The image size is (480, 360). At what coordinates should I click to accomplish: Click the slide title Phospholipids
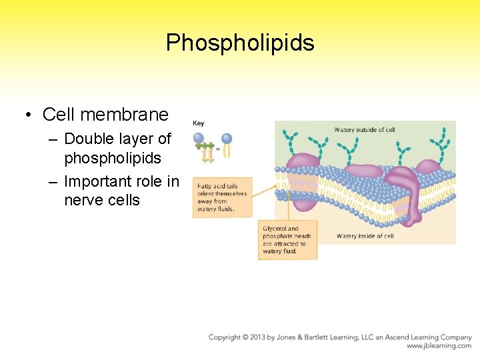tap(240, 43)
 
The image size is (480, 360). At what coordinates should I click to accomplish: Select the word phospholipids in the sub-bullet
tap(113, 159)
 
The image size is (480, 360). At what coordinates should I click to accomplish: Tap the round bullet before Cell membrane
tap(28, 115)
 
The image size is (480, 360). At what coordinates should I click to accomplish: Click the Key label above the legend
tap(199, 123)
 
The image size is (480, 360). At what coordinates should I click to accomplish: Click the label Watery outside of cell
tap(364, 129)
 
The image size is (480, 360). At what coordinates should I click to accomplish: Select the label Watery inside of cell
tap(365, 236)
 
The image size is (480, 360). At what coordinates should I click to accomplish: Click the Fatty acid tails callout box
tap(223, 197)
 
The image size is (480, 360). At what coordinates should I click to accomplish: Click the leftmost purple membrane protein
tap(303, 167)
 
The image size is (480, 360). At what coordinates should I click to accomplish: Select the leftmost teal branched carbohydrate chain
tap(291, 140)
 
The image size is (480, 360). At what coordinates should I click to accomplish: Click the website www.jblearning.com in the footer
tap(439, 346)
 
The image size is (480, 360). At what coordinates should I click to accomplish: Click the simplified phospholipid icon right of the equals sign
tap(227, 145)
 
